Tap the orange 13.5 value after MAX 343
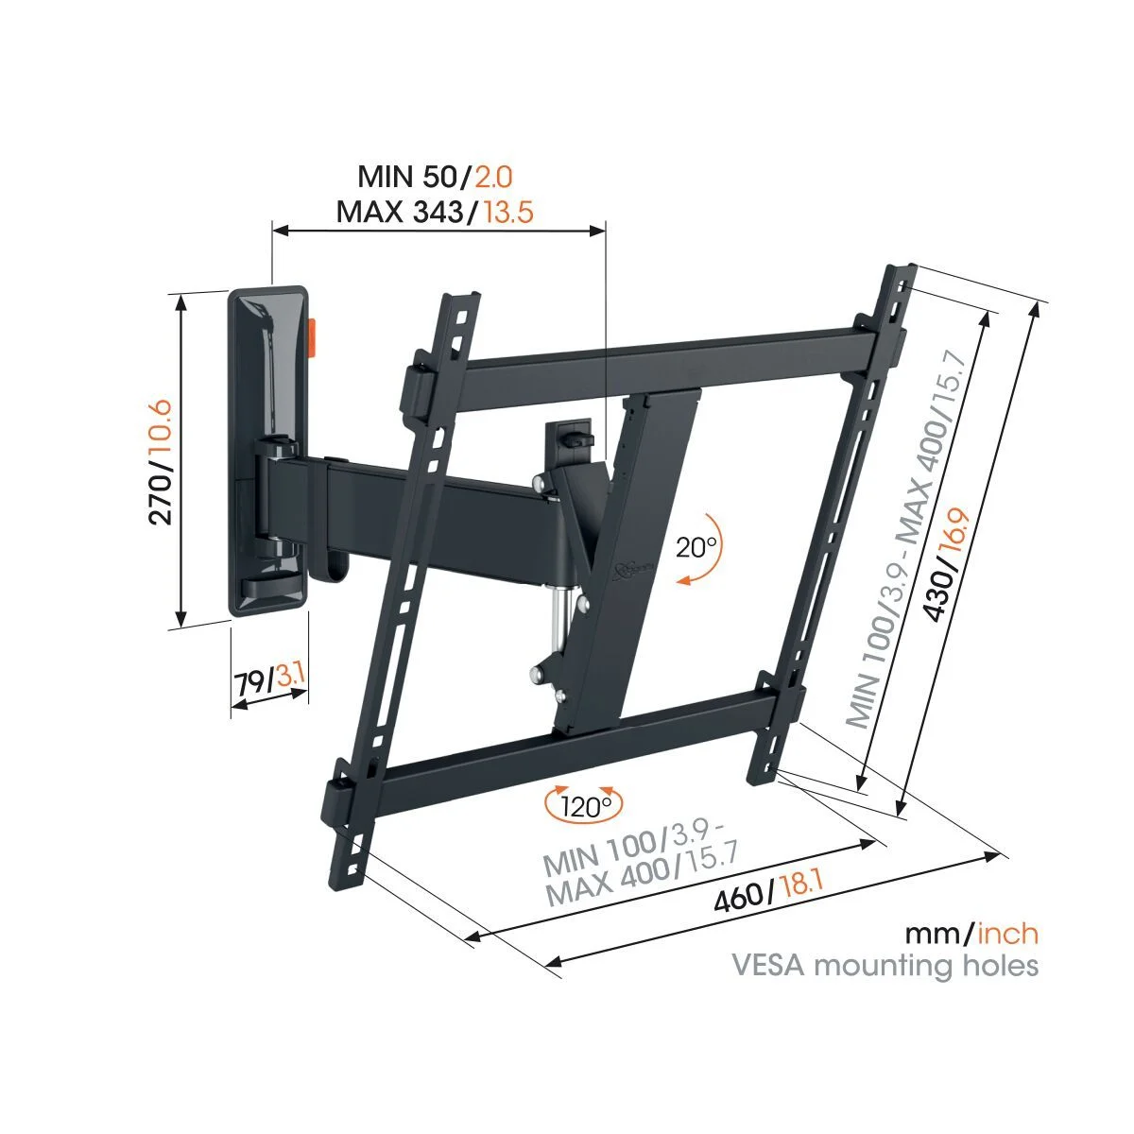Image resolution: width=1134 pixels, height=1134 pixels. pos(507,211)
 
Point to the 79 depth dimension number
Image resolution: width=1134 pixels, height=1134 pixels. pos(249,682)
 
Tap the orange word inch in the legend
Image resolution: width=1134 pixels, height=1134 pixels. pos(1007,935)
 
